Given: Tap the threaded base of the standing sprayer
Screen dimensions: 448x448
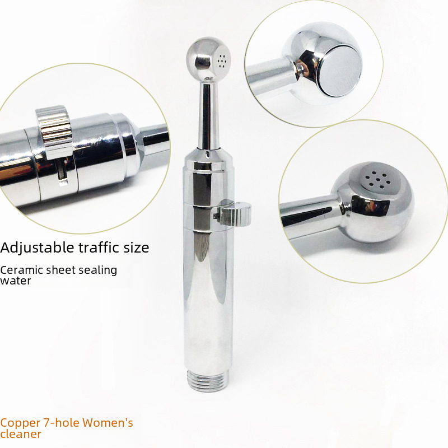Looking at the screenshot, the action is [x=208, y=381].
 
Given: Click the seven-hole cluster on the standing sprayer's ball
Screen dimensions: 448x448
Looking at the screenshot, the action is [x=221, y=60].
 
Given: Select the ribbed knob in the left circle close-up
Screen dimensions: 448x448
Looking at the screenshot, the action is [x=54, y=129].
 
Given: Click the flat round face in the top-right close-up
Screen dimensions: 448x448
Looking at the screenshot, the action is [x=340, y=71].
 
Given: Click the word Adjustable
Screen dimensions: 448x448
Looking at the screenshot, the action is [x=37, y=248].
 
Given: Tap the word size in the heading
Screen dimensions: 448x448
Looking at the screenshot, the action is [x=136, y=248].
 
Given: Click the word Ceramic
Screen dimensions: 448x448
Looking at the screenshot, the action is [x=21, y=270].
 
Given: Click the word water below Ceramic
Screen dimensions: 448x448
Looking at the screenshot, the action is [x=16, y=281].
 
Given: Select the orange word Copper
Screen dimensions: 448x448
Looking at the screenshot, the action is [x=20, y=423].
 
